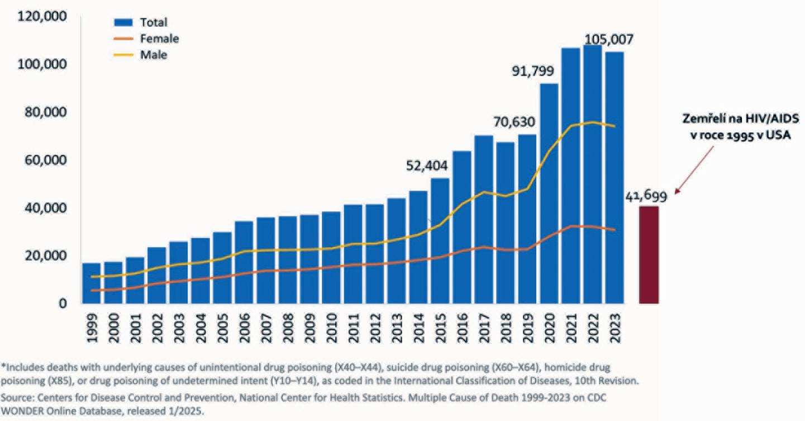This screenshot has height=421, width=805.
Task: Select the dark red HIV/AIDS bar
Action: coord(649,255)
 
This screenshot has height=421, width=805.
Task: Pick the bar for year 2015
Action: coord(440,240)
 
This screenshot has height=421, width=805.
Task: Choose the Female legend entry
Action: coord(159,39)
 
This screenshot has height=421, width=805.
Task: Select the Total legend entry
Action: coord(153,22)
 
